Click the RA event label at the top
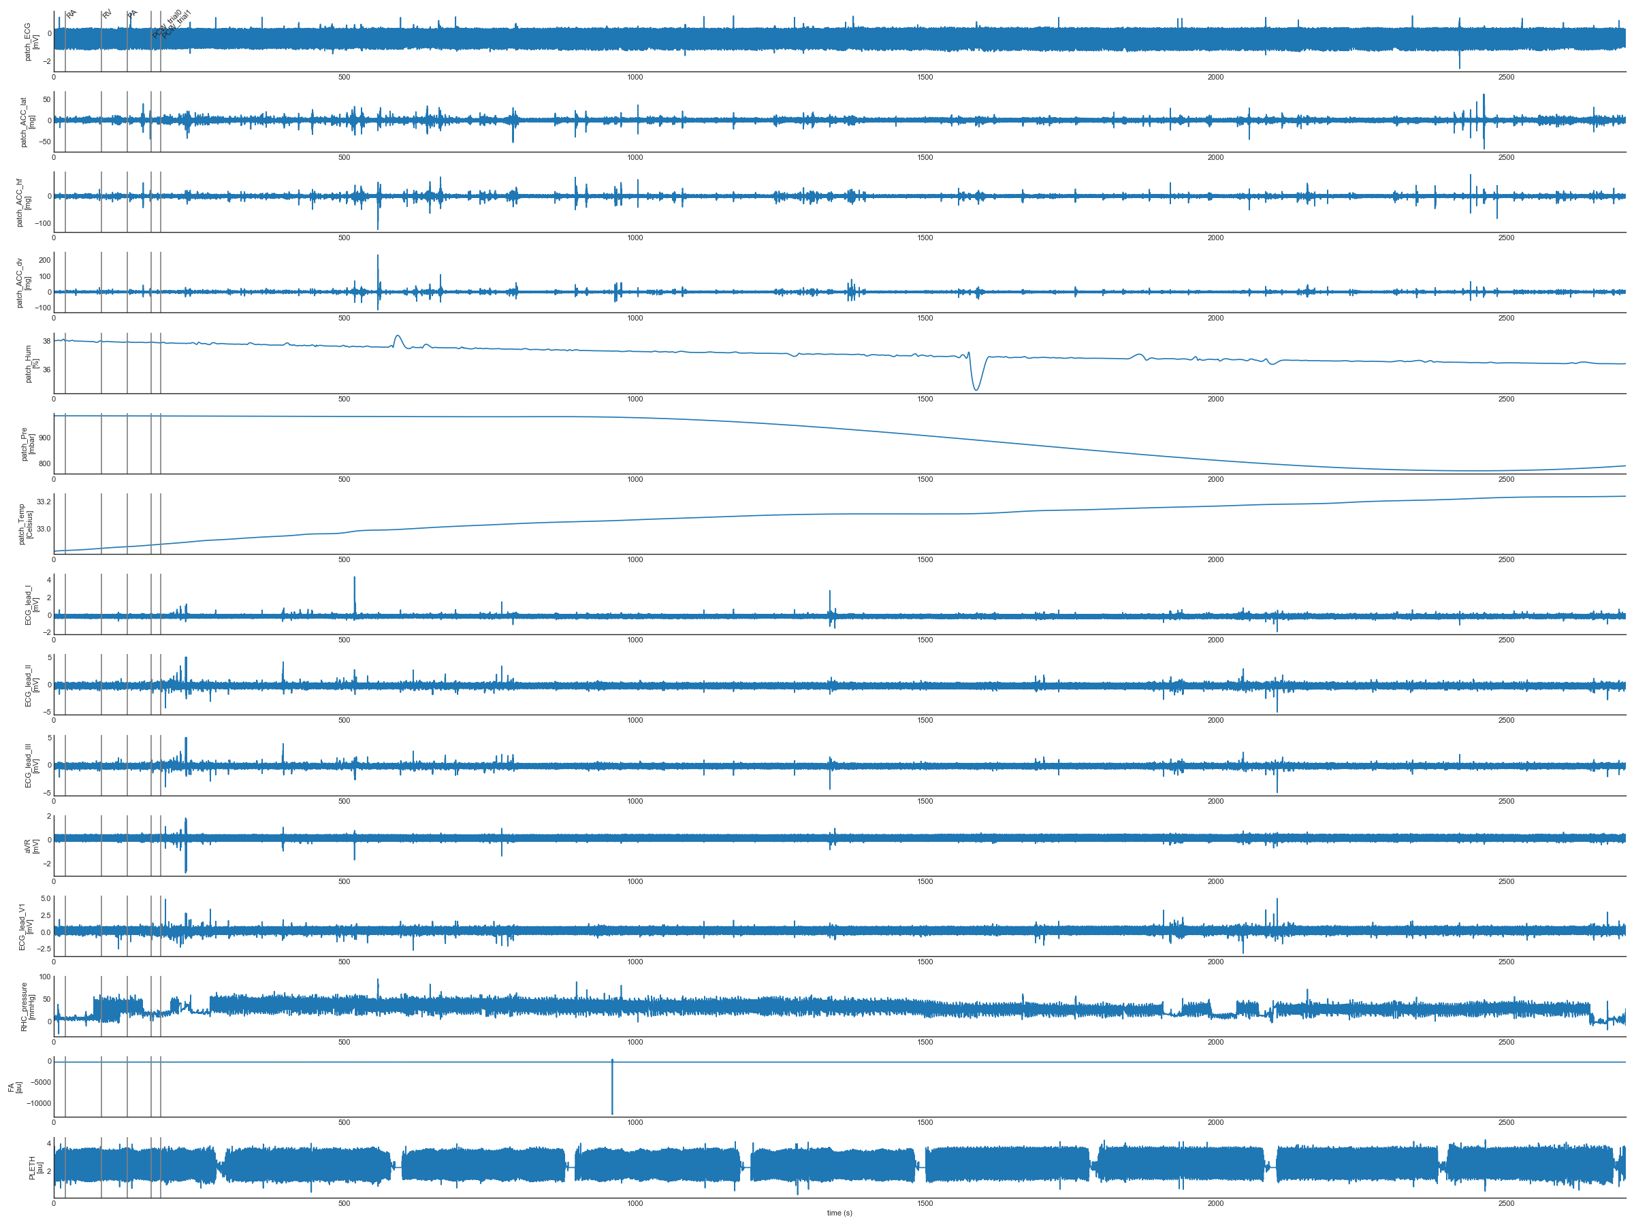(71, 14)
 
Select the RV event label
(107, 14)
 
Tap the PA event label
(132, 14)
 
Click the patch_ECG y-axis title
(31, 42)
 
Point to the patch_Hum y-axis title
(32, 363)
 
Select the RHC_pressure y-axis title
(27, 1007)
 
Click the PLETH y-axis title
(35, 1167)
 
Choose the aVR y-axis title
(31, 845)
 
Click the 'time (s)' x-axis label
(839, 1213)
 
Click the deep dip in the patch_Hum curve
(976, 387)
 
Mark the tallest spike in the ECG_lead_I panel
(355, 580)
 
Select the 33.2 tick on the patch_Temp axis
(44, 502)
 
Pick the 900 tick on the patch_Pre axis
(44, 438)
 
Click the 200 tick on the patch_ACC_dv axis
(44, 260)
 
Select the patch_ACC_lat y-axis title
(27, 122)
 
